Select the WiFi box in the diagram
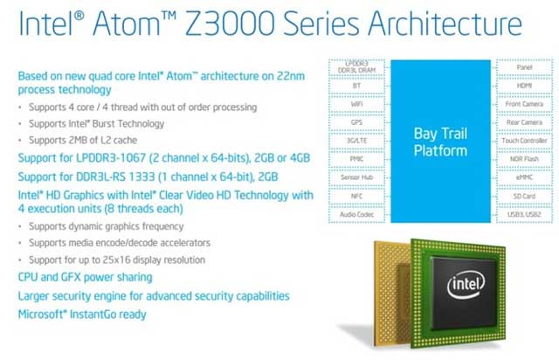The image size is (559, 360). [x=356, y=104]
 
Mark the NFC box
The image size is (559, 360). [x=356, y=195]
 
